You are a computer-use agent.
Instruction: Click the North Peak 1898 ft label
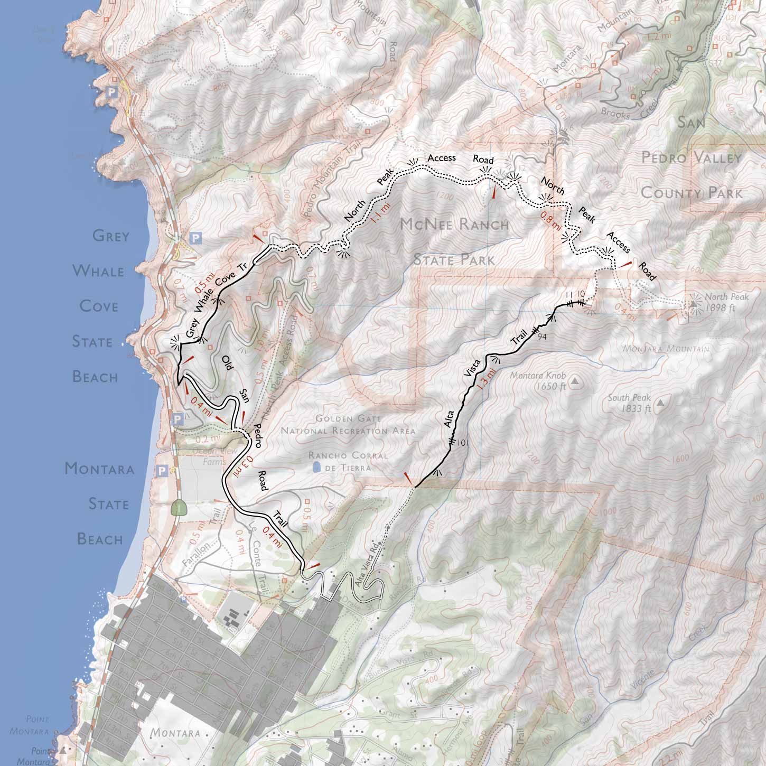coord(726,302)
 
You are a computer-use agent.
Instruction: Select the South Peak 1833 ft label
coord(629,403)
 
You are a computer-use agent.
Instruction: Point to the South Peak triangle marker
coord(660,403)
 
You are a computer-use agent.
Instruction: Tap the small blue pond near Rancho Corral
coord(315,468)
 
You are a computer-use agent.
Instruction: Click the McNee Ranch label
coord(454,225)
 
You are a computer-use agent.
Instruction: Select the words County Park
coord(691,193)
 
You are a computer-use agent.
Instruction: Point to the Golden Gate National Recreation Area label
coord(348,424)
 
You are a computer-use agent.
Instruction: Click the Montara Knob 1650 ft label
coord(539,381)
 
